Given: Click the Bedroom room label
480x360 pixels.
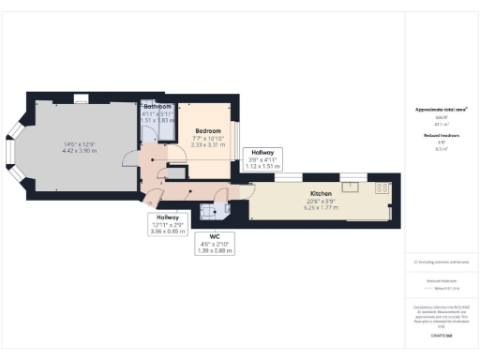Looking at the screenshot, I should coord(207,130).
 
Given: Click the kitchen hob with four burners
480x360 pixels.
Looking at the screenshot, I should coord(382,187).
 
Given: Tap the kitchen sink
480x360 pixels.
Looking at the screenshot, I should coord(354,183).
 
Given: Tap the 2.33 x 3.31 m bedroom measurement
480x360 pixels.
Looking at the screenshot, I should coord(208,145).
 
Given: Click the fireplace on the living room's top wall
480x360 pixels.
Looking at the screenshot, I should coord(81,98).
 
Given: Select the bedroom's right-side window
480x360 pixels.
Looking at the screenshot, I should coord(234,139).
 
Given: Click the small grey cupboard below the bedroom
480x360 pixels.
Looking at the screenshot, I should coord(175,172).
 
